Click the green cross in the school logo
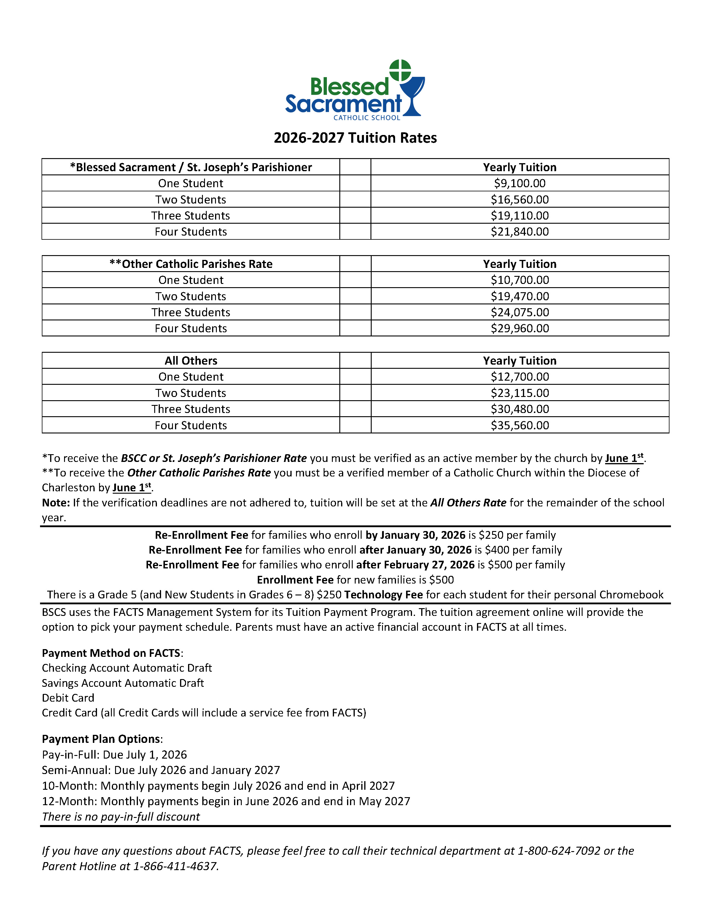400,70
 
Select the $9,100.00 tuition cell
520,183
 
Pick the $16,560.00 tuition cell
520,199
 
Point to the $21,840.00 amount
520,232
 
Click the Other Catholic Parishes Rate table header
191,264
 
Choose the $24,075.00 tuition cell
520,312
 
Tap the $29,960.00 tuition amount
520,328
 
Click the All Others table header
191,361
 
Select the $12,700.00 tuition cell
520,377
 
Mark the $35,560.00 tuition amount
520,425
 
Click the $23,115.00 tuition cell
520,393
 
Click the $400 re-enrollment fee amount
497,550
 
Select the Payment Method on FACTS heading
112,653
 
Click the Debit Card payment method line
68,698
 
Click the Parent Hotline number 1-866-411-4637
175,867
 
